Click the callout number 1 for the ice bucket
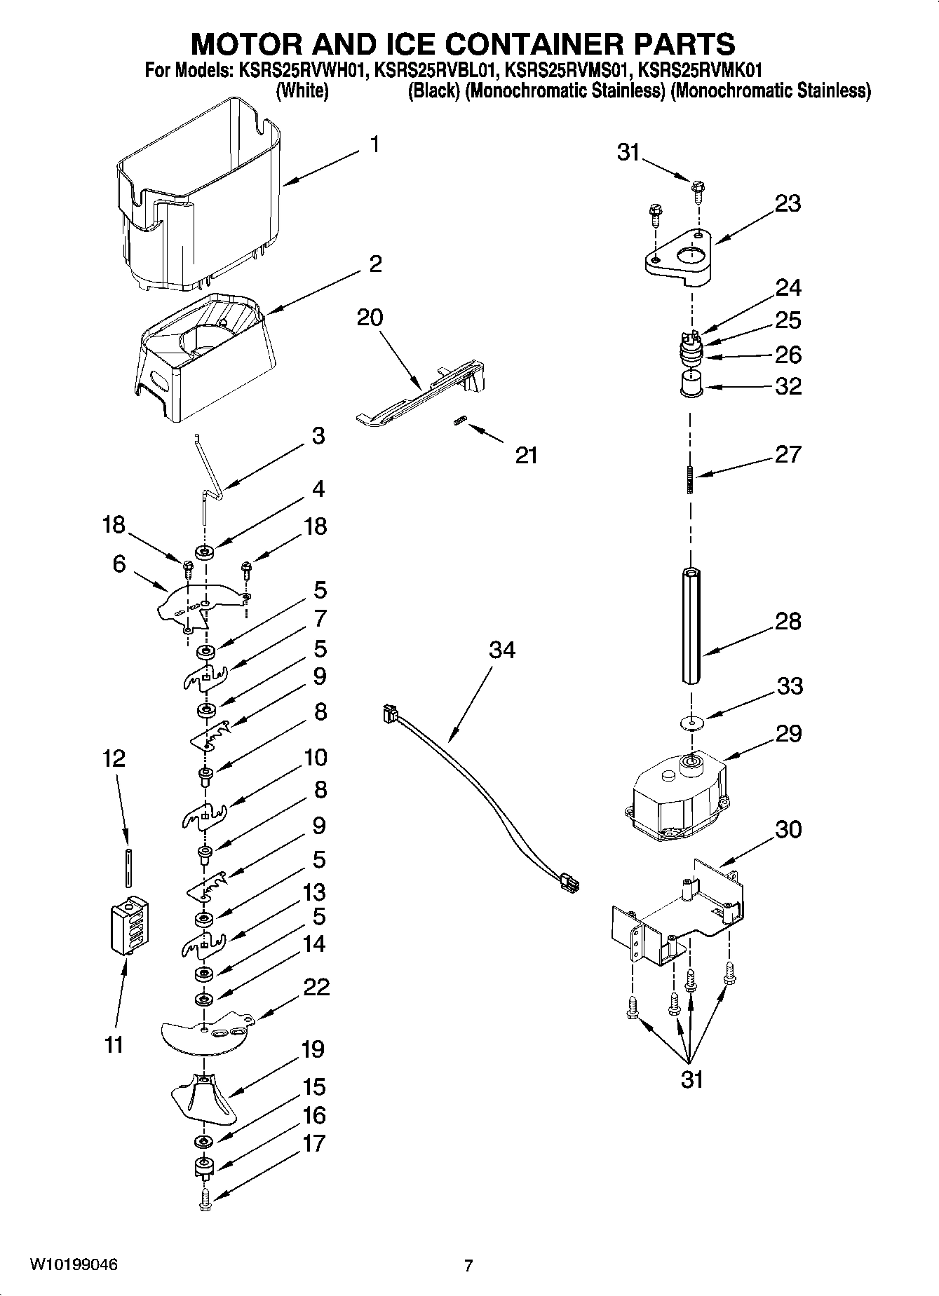coord(375,145)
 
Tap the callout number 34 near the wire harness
coord(502,650)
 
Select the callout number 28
coord(788,622)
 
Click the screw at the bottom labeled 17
coord(205,1199)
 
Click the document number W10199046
coord(73,1265)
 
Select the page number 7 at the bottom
coord(468,1266)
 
